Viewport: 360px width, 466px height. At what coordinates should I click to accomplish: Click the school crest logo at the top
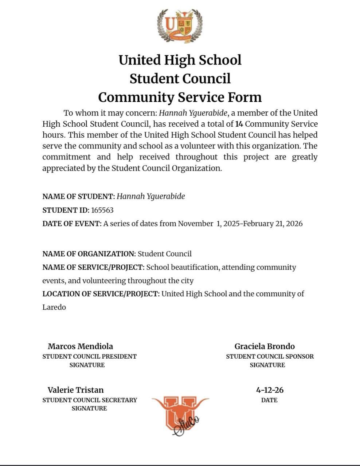[x=180, y=26]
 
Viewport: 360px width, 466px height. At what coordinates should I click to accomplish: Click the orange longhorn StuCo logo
[x=180, y=415]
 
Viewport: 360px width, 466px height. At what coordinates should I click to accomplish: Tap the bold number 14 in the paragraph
[x=239, y=124]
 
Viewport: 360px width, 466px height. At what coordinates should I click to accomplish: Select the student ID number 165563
[x=102, y=210]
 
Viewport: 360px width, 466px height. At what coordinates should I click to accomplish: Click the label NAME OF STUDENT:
[x=79, y=197]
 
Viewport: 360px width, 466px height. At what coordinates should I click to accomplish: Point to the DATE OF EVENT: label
[x=72, y=224]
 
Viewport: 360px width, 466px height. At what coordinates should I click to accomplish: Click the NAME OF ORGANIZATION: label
[x=89, y=254]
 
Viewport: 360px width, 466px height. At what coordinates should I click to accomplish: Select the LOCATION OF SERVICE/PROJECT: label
[x=101, y=294]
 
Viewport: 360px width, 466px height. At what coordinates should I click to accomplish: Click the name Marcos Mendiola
[x=80, y=346]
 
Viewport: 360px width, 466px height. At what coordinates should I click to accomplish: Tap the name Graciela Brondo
[x=265, y=346]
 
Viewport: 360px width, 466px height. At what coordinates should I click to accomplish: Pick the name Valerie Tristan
[x=75, y=390]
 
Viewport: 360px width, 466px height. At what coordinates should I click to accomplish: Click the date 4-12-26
[x=270, y=390]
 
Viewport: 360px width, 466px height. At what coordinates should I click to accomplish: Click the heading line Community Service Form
[x=180, y=97]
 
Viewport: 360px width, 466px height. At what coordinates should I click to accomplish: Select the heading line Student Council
[x=180, y=78]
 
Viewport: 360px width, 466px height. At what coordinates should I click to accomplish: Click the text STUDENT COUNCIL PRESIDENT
[x=89, y=356]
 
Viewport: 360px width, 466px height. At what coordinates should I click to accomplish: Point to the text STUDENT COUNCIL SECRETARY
[x=90, y=400]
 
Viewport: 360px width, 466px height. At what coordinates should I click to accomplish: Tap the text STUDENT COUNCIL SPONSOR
[x=270, y=356]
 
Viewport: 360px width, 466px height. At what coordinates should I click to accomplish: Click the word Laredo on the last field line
[x=54, y=307]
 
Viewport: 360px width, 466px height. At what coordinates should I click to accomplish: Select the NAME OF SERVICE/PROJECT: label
[x=93, y=267]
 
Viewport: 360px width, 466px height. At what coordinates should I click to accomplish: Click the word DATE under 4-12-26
[x=269, y=400]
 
